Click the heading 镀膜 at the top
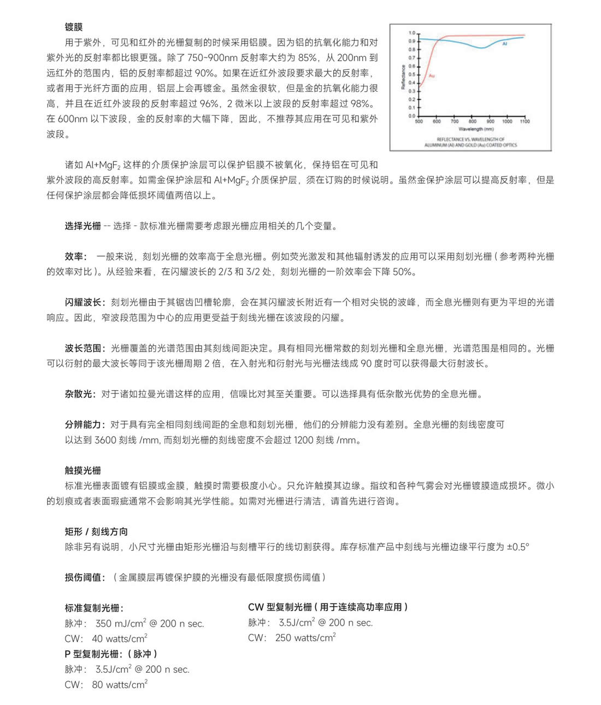74,27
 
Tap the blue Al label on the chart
504,44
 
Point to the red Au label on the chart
432,75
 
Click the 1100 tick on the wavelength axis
525,121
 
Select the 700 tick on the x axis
454,121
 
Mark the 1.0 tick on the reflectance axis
411,33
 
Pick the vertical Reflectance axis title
403,77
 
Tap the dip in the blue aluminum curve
481,48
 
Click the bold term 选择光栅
83,226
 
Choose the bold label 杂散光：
80,394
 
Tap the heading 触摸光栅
83,471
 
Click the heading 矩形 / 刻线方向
96,532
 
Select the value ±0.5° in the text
517,547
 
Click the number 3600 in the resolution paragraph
105,440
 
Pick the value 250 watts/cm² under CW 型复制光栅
305,638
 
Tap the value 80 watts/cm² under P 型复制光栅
120,684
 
